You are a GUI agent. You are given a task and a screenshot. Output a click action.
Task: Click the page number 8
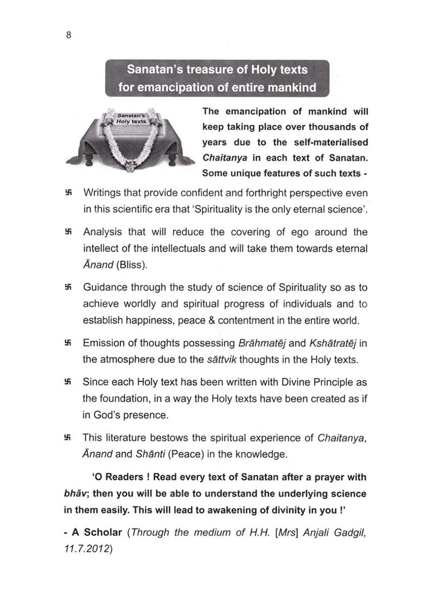(68, 36)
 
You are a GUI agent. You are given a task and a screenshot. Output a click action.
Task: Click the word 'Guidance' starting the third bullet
(105, 287)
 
